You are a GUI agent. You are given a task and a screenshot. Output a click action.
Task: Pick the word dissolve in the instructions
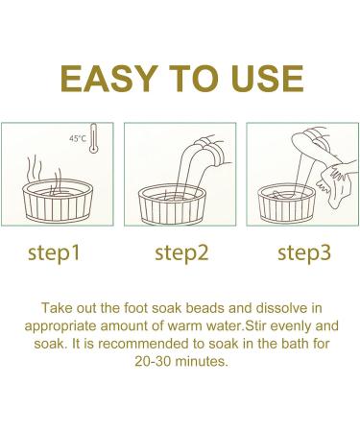(275, 308)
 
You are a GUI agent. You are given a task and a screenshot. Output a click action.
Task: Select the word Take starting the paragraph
(55, 308)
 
